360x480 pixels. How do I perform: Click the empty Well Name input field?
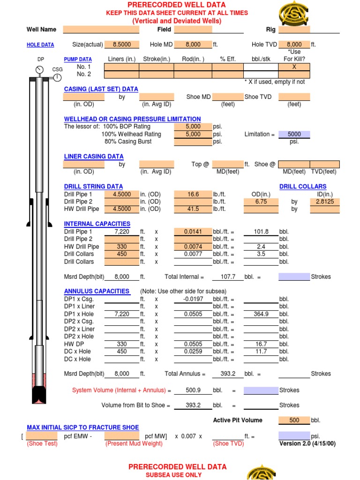[101, 30]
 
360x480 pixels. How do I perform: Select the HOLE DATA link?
[40, 45]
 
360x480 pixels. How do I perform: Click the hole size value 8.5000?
[121, 45]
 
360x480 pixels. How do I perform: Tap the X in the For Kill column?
[294, 67]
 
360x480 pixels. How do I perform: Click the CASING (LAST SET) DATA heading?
[101, 89]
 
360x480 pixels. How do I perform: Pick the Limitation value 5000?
[294, 134]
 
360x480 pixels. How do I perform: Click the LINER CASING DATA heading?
[94, 157]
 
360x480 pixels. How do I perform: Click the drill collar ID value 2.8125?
[324, 202]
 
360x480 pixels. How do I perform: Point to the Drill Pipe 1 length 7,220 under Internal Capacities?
[121, 232]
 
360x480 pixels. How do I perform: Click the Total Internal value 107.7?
[227, 277]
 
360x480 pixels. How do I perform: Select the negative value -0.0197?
[193, 299]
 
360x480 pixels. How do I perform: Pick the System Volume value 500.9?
[193, 390]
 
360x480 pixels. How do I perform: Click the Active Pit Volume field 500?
[294, 420]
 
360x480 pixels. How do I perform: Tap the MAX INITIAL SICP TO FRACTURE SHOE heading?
[82, 427]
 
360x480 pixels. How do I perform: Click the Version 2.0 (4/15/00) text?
[307, 443]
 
